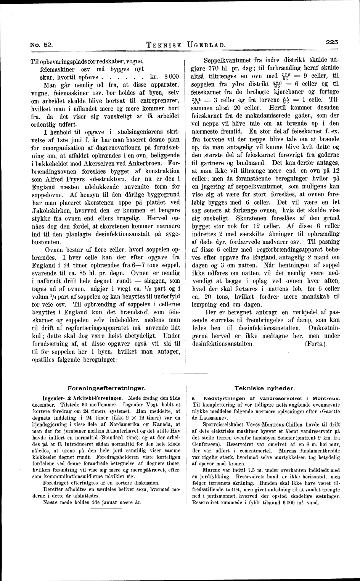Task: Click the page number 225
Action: (332, 42)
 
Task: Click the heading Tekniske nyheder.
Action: (264, 388)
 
